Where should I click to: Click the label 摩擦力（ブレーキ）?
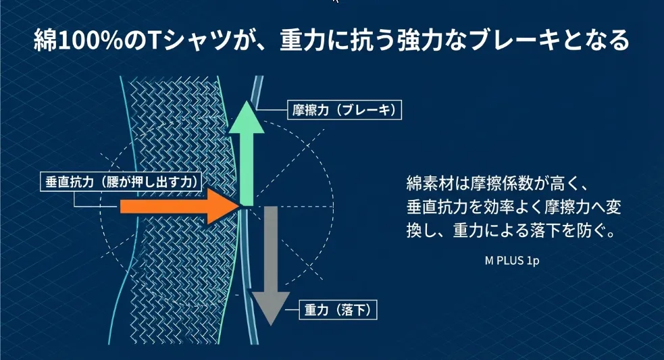click(x=338, y=109)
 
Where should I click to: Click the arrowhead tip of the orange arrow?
click(x=237, y=205)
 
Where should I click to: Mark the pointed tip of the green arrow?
click(x=248, y=103)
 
